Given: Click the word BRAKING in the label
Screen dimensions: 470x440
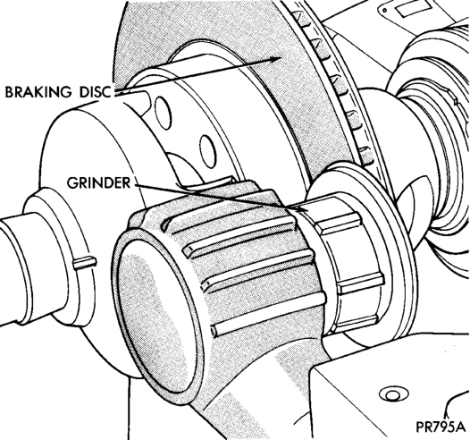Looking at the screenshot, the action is pyautogui.click(x=38, y=92).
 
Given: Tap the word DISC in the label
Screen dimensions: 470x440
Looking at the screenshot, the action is pyautogui.click(x=95, y=92).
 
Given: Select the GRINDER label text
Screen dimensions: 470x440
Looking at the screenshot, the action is pyautogui.click(x=99, y=182).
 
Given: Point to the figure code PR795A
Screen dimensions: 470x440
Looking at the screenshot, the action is pyautogui.click(x=440, y=427).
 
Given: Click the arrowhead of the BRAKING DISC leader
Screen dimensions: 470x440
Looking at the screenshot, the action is pyautogui.click(x=275, y=59).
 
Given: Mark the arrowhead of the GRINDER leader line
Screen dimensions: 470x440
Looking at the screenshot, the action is pyautogui.click(x=303, y=209).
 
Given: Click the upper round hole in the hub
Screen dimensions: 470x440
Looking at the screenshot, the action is pyautogui.click(x=163, y=113).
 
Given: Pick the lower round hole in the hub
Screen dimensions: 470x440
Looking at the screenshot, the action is pyautogui.click(x=207, y=151).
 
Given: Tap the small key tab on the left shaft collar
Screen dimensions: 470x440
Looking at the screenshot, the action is pyautogui.click(x=85, y=263).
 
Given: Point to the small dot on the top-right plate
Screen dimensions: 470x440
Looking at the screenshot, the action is pyautogui.click(x=385, y=10).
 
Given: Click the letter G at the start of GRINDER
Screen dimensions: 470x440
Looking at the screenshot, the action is pyautogui.click(x=72, y=182).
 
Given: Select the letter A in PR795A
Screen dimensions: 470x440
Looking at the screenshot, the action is pyautogui.click(x=459, y=427).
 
